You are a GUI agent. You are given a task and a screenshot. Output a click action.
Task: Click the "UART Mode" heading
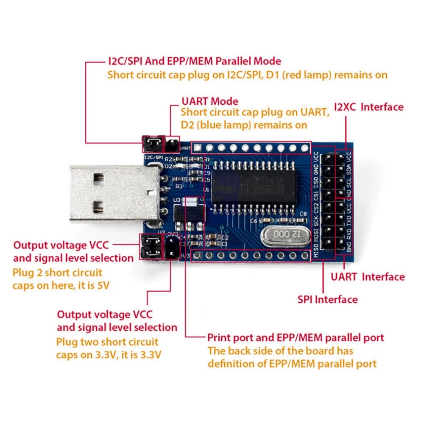tap(209, 101)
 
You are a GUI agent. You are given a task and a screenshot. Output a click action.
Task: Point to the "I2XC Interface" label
tap(368, 107)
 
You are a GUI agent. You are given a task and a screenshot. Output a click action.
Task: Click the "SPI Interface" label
tap(327, 299)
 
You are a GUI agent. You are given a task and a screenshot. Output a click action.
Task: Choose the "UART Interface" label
tap(368, 277)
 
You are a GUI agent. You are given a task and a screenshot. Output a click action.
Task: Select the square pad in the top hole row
tap(197, 148)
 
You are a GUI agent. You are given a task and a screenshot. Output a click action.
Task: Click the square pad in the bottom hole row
tap(197, 255)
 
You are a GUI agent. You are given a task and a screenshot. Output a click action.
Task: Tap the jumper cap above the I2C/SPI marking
tap(151, 145)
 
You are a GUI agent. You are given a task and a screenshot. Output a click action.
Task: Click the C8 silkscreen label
tap(303, 213)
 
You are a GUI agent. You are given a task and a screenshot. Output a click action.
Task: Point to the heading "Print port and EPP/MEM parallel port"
tap(296, 338)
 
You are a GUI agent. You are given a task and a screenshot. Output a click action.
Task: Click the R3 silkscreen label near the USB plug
tap(179, 186)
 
